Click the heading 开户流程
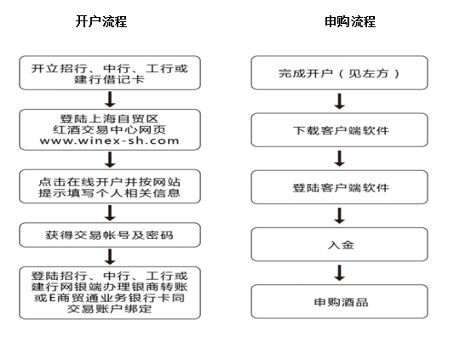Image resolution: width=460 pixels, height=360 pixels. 101,21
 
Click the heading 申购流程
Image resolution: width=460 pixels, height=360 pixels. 350,21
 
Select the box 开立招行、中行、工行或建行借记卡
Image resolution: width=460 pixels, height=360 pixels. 110,72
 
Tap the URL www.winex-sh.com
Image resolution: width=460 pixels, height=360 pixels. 109,140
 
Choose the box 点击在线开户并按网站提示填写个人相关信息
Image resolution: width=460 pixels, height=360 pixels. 110,186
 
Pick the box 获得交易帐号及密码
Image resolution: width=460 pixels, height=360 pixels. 110,235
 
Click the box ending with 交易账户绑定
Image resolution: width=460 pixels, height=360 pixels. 110,293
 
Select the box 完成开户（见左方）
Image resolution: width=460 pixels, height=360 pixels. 339,72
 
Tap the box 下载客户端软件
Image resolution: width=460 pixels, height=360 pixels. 339,130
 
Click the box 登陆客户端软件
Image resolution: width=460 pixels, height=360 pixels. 339,187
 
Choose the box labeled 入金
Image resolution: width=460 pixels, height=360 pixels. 339,244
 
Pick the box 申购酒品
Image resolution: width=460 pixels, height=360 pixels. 339,301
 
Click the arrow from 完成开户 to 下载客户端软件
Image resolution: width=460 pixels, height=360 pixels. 340,101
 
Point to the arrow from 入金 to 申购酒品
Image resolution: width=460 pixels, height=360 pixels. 340,273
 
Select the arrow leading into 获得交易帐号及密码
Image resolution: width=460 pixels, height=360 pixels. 110,213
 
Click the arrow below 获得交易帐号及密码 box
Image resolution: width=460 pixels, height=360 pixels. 110,257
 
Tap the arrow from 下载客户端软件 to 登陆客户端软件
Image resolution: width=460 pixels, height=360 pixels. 340,158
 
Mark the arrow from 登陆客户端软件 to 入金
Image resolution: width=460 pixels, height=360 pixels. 340,216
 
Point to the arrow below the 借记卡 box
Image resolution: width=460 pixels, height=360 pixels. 110,100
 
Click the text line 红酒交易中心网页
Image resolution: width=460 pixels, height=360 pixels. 109,129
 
